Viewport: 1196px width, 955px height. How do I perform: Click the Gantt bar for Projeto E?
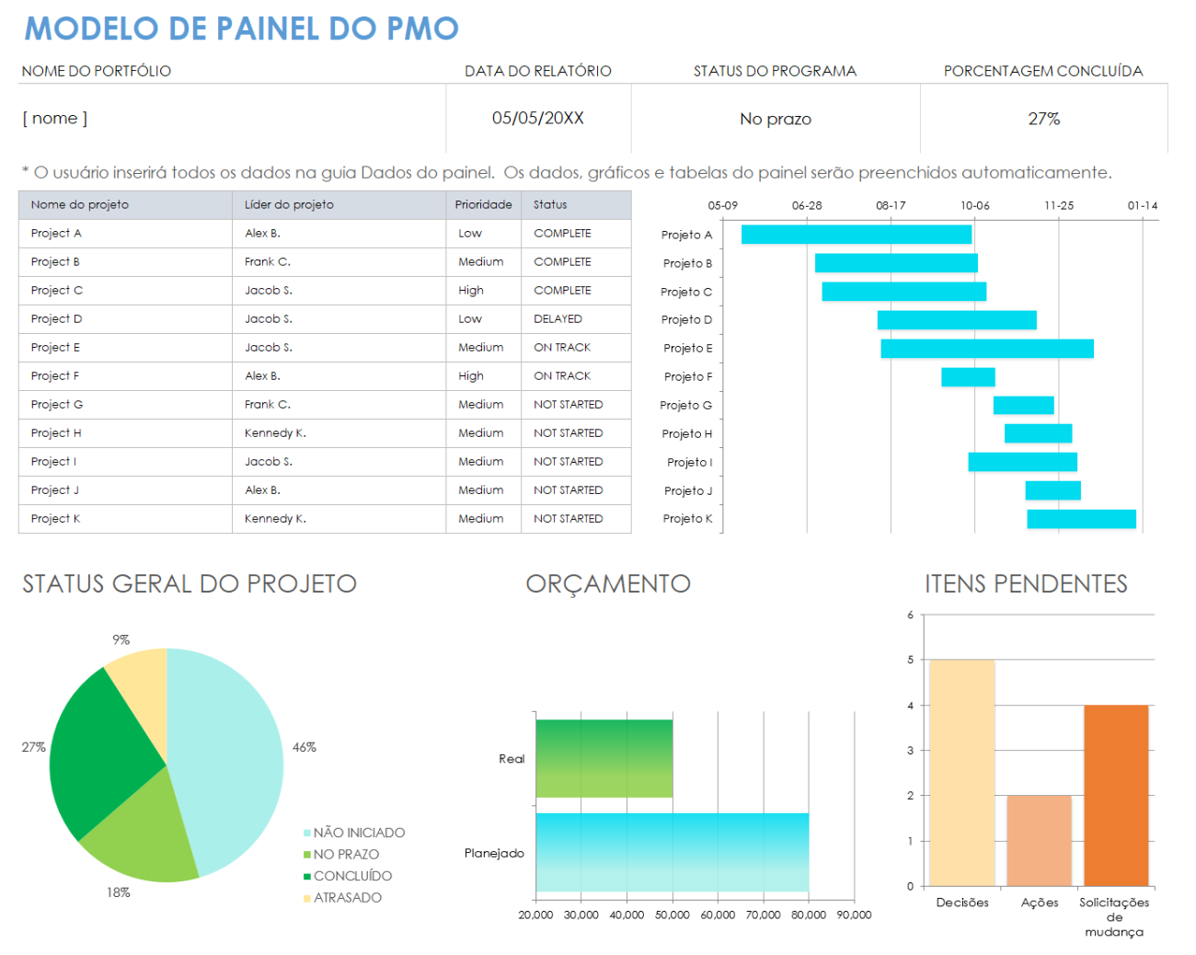click(x=986, y=349)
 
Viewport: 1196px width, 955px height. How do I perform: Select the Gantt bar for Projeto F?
click(x=968, y=377)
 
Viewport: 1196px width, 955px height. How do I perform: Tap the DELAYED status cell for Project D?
click(x=558, y=319)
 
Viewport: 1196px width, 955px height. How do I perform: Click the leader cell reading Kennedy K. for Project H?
click(x=275, y=433)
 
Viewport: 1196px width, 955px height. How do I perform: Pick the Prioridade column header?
click(x=483, y=205)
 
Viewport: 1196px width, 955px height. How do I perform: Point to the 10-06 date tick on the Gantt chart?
click(x=974, y=206)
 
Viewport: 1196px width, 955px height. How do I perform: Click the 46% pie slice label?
click(x=305, y=747)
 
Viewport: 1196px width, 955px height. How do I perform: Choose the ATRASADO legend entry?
click(x=347, y=898)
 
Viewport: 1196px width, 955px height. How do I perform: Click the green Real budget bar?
click(x=604, y=758)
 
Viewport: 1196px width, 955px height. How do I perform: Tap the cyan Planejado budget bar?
click(x=672, y=852)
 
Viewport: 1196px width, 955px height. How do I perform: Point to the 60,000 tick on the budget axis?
click(x=718, y=915)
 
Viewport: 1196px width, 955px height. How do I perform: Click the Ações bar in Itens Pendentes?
click(x=1039, y=841)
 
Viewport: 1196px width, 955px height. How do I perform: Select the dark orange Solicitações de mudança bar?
click(x=1116, y=795)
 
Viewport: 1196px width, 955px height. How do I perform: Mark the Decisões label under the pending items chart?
click(x=962, y=903)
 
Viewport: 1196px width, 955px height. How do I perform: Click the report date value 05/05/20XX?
click(x=537, y=119)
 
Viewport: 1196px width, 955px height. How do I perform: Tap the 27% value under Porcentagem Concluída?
click(x=1043, y=119)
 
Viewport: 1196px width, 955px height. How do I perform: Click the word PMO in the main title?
click(x=422, y=29)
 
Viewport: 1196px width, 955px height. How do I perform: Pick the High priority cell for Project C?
click(x=471, y=291)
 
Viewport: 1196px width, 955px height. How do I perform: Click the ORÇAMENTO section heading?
click(x=608, y=584)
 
